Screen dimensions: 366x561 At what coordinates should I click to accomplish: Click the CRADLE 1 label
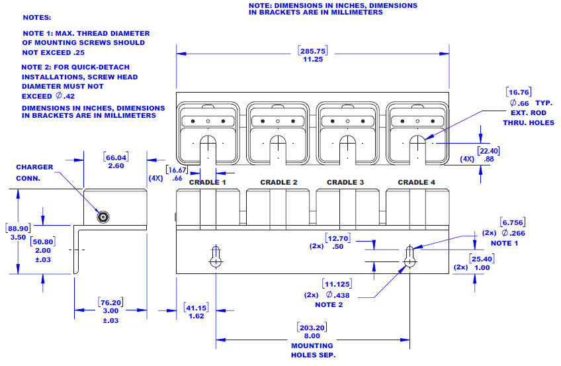(x=208, y=182)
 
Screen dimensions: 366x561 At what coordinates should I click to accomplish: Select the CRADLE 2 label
(x=279, y=182)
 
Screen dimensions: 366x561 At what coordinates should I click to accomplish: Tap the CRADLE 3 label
(x=345, y=182)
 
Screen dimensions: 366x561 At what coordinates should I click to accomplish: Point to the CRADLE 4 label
(x=417, y=182)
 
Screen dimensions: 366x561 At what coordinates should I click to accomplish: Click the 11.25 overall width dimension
(x=312, y=59)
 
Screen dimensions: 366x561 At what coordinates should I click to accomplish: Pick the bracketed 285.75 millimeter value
(x=313, y=50)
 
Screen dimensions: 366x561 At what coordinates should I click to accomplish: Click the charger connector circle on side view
(x=103, y=216)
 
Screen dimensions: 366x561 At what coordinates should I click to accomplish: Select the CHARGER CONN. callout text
(x=35, y=172)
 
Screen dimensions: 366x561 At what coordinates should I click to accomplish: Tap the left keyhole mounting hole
(x=216, y=257)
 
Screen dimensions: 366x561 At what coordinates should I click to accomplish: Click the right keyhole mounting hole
(x=410, y=257)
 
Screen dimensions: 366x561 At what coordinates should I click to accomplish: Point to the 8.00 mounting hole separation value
(x=312, y=336)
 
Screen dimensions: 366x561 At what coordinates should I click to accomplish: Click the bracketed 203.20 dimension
(x=312, y=328)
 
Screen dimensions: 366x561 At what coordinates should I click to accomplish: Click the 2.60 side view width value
(x=116, y=166)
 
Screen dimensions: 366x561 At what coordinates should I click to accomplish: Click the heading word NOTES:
(x=37, y=17)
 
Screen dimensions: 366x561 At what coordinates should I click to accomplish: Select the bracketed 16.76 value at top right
(x=519, y=92)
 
